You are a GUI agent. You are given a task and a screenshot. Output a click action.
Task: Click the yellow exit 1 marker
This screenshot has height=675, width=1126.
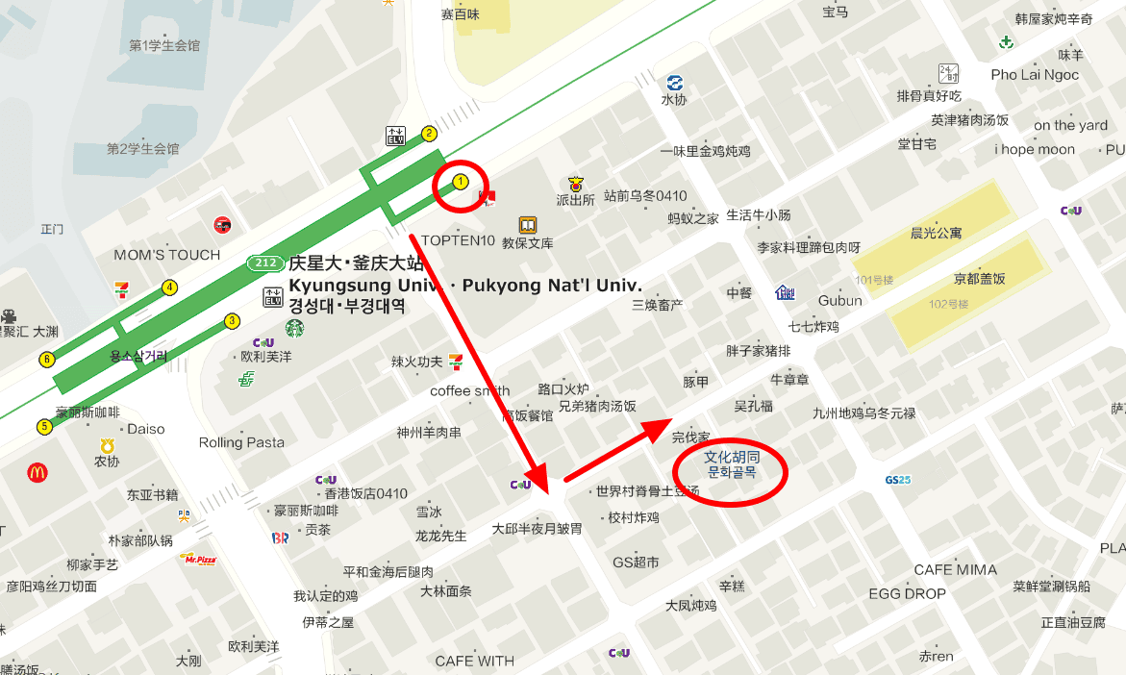tap(461, 181)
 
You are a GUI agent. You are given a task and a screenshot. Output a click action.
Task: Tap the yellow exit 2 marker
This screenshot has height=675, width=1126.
tap(429, 134)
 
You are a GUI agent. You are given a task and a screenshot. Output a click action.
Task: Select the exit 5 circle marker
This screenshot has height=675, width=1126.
tap(44, 426)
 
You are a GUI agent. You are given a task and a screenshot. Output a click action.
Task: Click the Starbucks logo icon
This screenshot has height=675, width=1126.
tap(294, 329)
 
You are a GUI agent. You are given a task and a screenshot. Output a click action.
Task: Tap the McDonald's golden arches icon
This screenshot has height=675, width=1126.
tap(38, 472)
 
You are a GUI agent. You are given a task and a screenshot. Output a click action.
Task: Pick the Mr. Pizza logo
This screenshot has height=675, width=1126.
tap(197, 558)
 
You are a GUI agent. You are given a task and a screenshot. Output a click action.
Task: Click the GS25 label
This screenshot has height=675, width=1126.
tap(897, 479)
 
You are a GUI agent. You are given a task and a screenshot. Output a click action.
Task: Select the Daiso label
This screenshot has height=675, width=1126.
tap(146, 429)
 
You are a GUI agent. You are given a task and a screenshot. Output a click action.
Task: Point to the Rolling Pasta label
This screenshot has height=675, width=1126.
tap(241, 442)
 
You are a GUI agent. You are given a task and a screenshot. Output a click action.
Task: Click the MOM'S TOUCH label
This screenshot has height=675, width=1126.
tap(167, 255)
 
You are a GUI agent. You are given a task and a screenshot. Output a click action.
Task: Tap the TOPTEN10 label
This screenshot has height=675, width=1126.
tap(458, 240)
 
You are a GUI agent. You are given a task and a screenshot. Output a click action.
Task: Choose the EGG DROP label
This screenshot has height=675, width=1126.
tap(907, 593)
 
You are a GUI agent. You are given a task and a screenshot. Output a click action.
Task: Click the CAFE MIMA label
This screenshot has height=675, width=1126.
tap(955, 569)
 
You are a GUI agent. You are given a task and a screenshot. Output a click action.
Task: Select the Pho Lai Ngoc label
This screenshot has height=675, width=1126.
tap(1035, 75)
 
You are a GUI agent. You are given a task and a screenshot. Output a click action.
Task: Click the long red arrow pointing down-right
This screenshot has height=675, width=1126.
tap(478, 362)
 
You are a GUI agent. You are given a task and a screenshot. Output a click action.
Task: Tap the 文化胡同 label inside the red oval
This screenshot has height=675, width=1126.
tap(732, 457)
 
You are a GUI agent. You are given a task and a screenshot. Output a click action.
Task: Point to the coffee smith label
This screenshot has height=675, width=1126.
tap(470, 390)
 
